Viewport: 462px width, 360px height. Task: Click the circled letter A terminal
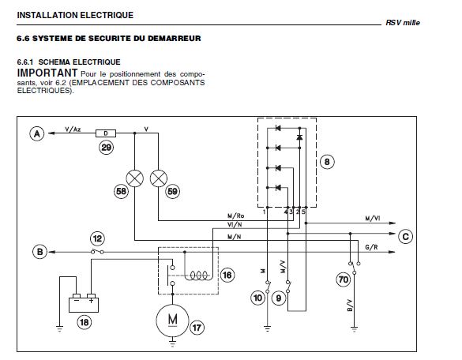click(37, 133)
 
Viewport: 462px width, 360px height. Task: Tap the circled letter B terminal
click(39, 252)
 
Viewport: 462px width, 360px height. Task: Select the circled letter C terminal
click(405, 237)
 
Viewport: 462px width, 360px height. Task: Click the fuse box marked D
click(106, 133)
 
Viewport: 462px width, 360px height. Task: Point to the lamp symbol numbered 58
click(135, 178)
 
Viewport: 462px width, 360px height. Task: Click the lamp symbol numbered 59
click(159, 178)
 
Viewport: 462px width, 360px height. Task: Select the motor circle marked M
click(172, 321)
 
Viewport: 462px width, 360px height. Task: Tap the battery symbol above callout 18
click(84, 303)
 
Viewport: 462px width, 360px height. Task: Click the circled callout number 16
click(227, 276)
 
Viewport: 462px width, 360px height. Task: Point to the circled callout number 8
click(327, 162)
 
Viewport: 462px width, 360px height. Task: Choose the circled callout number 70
click(344, 279)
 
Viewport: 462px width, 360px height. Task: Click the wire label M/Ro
click(236, 216)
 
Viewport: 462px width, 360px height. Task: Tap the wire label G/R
click(371, 247)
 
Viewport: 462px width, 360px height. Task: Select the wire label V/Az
click(73, 129)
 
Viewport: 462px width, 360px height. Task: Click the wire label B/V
click(350, 306)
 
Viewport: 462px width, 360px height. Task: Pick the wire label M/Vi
click(373, 219)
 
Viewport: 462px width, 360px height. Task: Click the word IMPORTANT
click(47, 73)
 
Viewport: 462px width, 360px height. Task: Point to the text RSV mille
click(403, 23)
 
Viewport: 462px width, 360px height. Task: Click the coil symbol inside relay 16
click(198, 276)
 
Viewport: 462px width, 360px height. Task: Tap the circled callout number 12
click(97, 238)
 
